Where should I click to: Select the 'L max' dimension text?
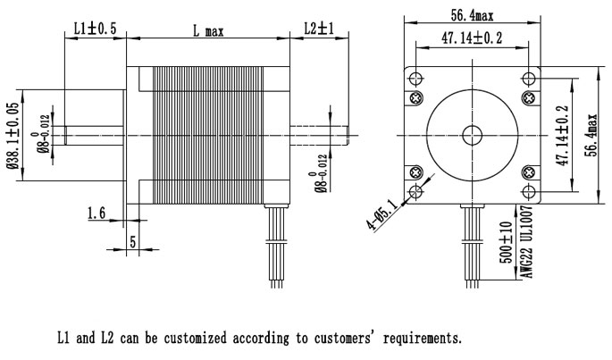[x=208, y=30]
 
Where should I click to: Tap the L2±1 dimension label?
[x=319, y=29]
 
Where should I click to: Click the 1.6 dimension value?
[x=97, y=213]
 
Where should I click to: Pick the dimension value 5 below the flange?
[x=132, y=241]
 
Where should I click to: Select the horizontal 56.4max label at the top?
[x=471, y=15]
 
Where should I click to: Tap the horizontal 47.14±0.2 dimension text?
[x=471, y=38]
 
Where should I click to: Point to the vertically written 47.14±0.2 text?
[x=562, y=135]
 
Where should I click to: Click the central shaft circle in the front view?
[x=471, y=135]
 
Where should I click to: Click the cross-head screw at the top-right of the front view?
[x=529, y=96]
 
